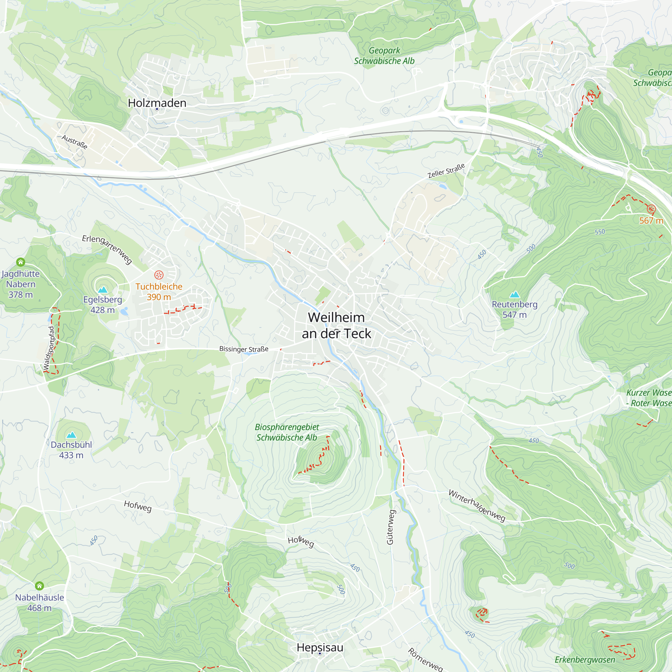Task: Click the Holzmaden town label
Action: tap(157, 103)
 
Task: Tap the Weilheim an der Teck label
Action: tap(336, 326)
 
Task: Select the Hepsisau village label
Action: tap(320, 647)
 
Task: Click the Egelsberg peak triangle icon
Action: tap(102, 290)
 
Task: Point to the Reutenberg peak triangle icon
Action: tap(514, 295)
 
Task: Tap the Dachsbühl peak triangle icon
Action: tap(71, 435)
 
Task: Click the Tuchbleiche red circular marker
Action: tap(159, 275)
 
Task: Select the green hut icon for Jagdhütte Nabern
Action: tap(20, 262)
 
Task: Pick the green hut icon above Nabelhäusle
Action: tap(40, 586)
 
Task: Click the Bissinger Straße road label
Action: tap(244, 349)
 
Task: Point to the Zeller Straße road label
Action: tap(446, 171)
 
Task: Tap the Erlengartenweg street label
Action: tap(107, 249)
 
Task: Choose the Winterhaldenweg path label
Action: tap(476, 505)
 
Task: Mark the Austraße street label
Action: tap(75, 142)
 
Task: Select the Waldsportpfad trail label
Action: tap(49, 348)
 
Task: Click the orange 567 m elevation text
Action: tap(651, 220)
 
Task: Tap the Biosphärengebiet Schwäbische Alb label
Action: tap(287, 432)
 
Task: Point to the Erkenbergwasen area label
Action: tap(585, 660)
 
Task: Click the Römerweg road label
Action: tap(425, 660)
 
